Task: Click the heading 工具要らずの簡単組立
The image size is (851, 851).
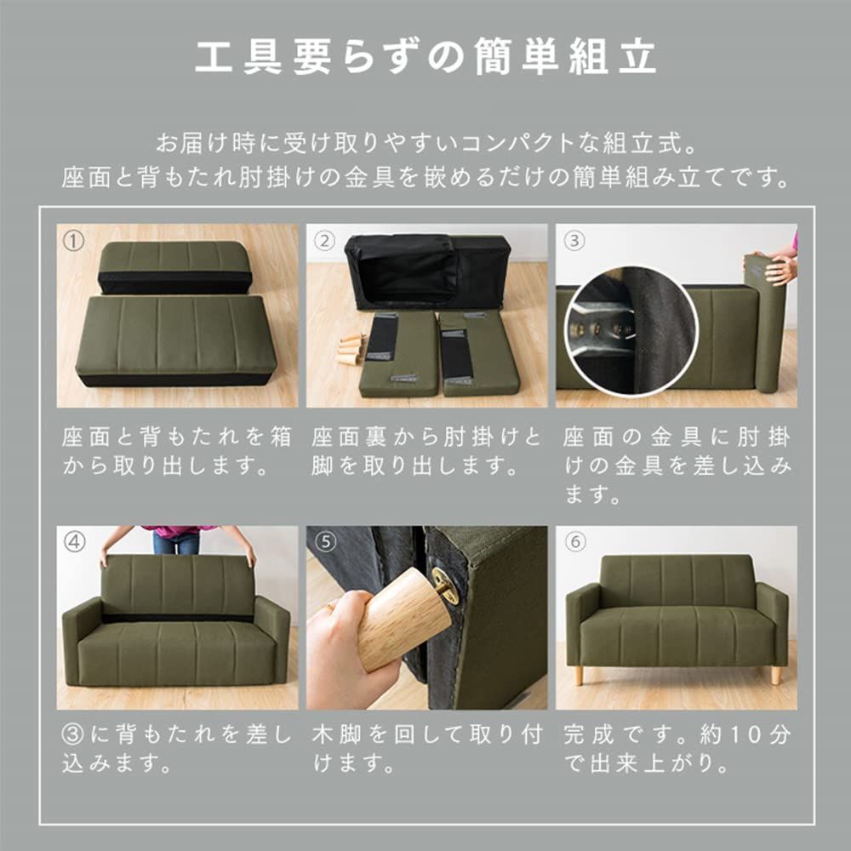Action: coord(425,57)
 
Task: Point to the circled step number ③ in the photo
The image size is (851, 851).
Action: coord(575,242)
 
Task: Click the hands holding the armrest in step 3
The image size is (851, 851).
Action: coord(781,269)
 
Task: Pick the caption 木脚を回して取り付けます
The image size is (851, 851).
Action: coord(425,748)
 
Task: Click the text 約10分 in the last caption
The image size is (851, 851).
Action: coord(745,734)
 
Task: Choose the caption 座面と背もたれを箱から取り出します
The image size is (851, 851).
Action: coord(177,452)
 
